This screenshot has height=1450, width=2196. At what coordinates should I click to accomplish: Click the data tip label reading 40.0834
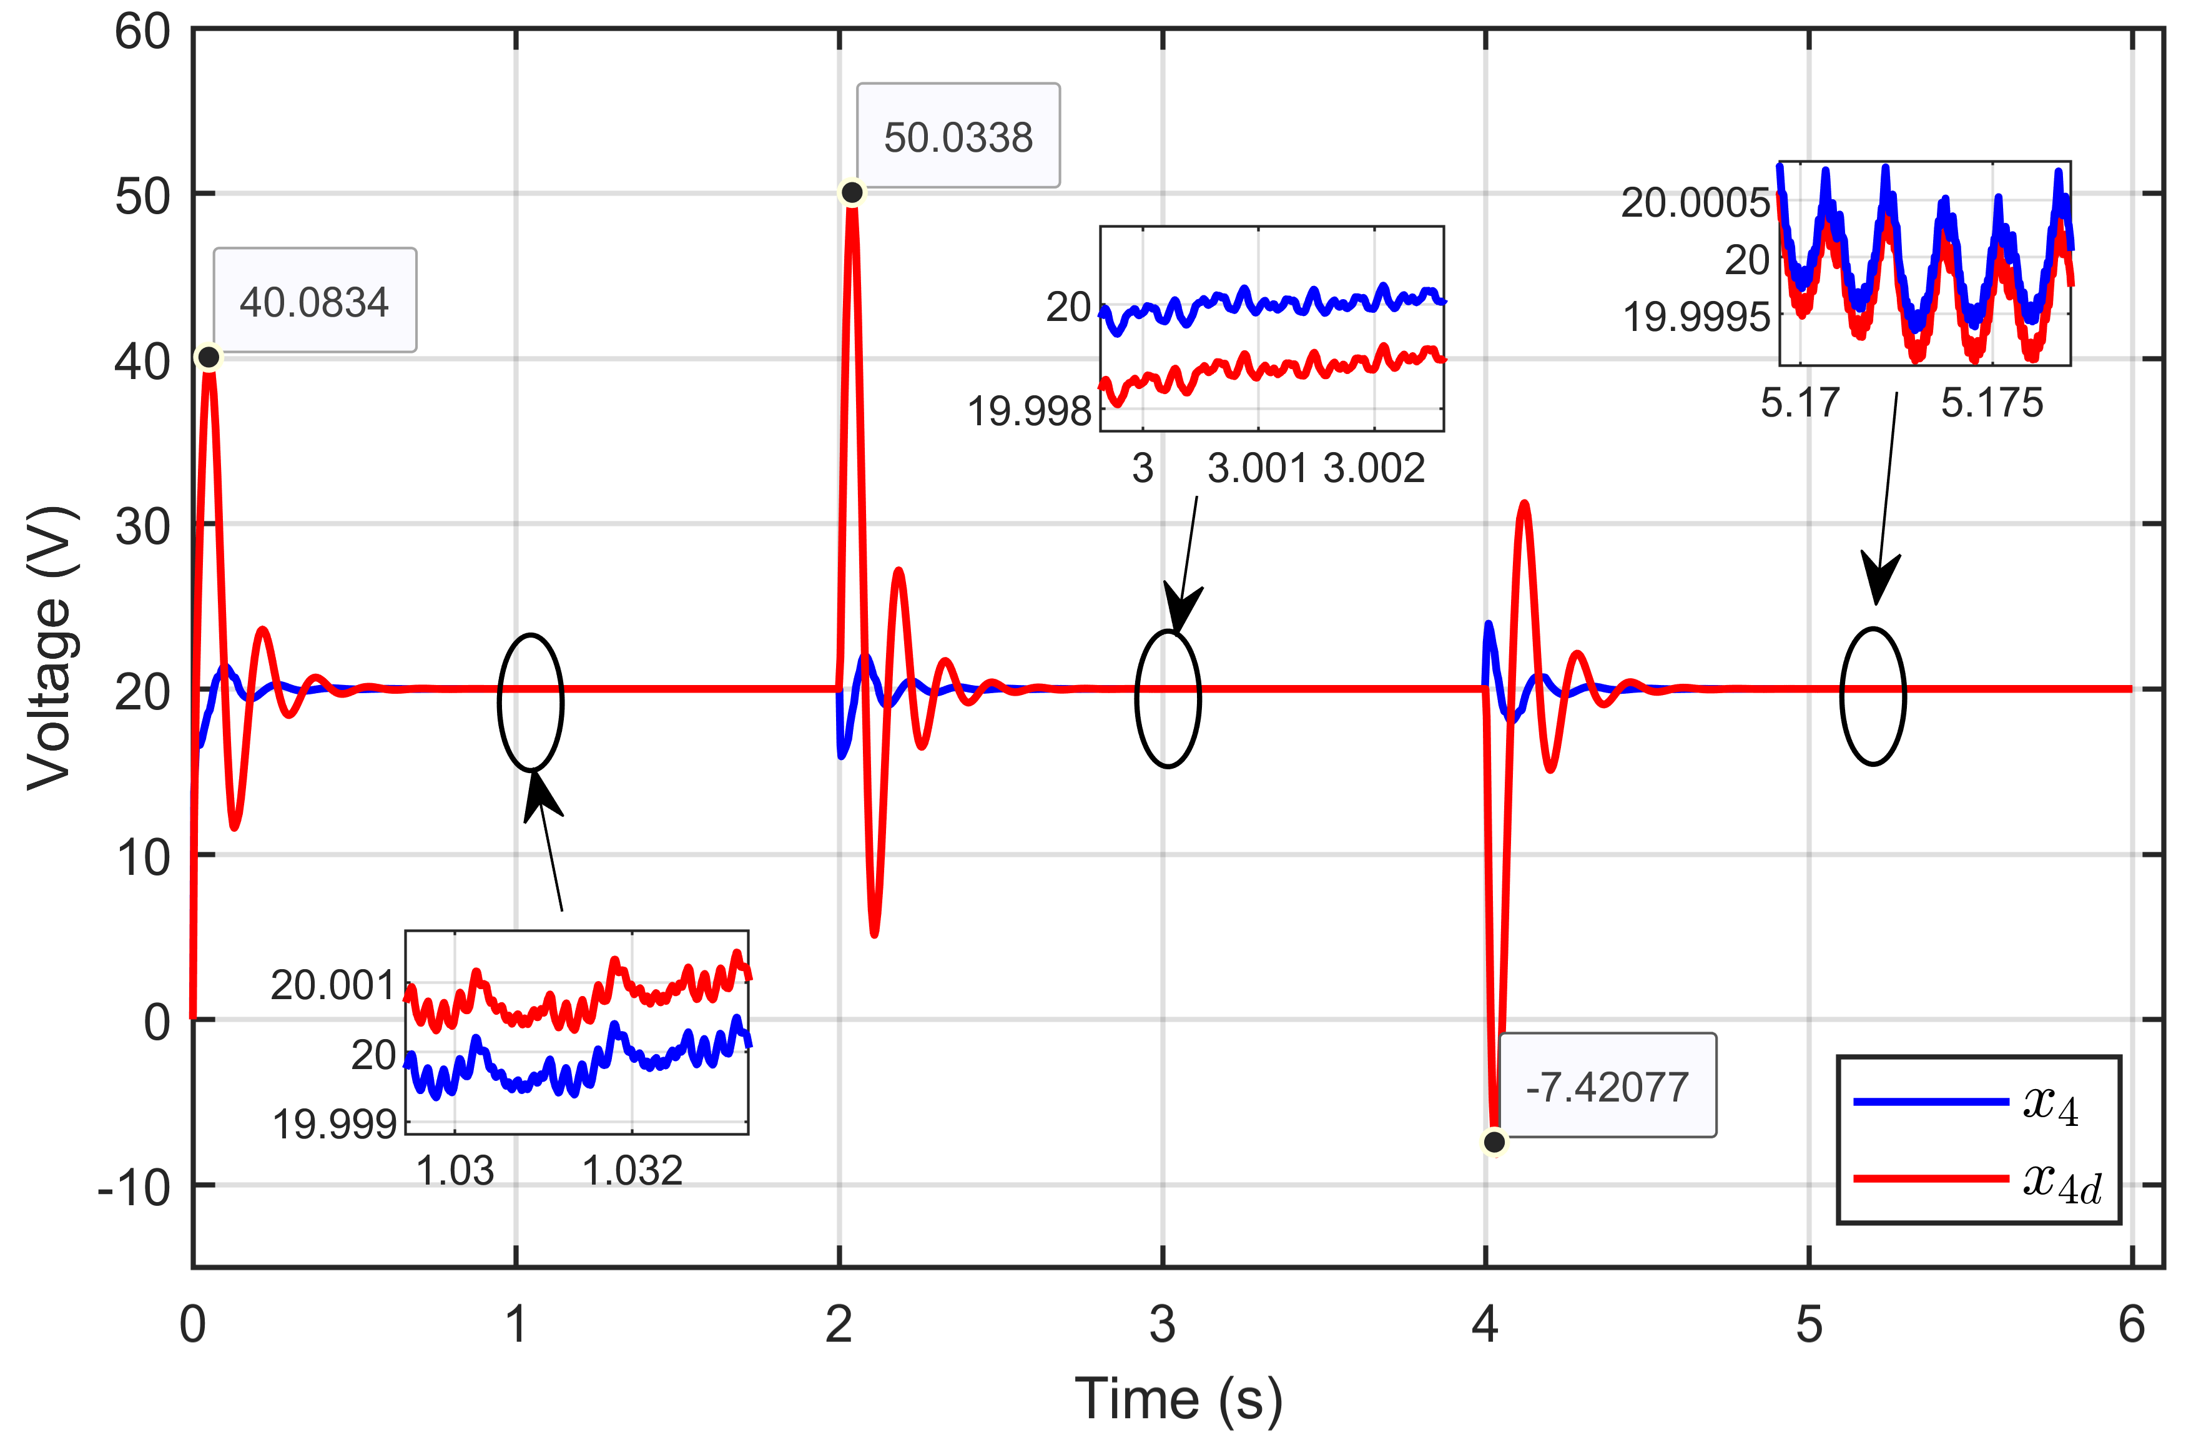[314, 302]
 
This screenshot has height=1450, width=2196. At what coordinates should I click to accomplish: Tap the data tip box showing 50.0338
[958, 137]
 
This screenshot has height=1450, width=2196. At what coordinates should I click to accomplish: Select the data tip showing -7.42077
[1607, 1087]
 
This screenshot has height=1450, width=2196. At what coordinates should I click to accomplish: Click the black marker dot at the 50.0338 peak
[852, 192]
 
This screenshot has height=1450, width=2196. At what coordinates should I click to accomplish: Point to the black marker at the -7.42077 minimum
[1494, 1142]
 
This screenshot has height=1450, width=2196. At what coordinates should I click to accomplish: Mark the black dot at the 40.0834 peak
[209, 357]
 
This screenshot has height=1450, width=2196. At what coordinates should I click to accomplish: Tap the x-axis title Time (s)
[1178, 1398]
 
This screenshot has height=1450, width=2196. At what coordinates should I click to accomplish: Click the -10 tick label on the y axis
[135, 1187]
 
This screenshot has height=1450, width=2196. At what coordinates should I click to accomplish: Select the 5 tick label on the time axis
[1809, 1324]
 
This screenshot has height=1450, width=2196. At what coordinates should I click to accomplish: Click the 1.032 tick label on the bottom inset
[633, 1171]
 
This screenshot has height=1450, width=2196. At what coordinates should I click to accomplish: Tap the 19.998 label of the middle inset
[1029, 411]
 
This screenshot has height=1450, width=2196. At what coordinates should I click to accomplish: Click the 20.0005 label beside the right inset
[1695, 202]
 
